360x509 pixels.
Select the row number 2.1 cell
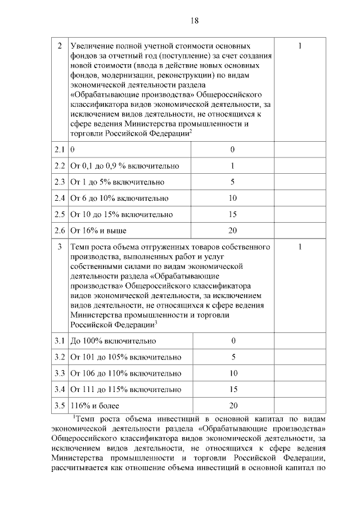click(60, 150)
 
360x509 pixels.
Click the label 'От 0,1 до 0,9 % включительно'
click(124, 166)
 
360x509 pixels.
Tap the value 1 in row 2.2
click(232, 166)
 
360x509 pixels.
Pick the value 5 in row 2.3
click(232, 182)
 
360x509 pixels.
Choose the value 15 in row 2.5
click(232, 215)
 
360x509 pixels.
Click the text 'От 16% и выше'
click(98, 231)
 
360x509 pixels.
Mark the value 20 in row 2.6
click(232, 231)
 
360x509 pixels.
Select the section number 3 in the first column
click(60, 247)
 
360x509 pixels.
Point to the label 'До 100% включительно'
click(113, 341)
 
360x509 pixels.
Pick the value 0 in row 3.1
click(233, 341)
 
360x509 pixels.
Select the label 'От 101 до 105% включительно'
click(125, 357)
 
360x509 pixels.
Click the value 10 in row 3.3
click(233, 373)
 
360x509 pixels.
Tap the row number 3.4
click(60, 389)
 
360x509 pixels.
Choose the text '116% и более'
click(95, 406)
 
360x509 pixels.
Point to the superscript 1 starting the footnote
click(74, 417)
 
